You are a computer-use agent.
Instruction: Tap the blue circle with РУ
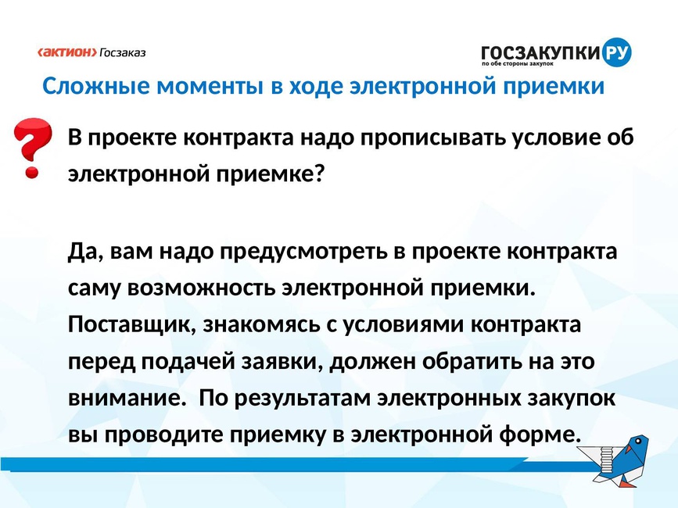tap(616, 52)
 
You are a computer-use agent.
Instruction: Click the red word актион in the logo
tap(67, 52)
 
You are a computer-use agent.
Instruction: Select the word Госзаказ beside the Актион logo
tap(123, 52)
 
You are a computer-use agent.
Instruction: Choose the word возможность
tap(201, 288)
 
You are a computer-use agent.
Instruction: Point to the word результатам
tap(303, 399)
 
